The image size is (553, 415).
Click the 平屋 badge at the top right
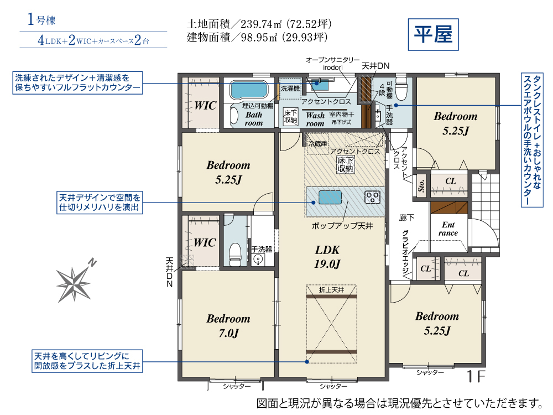[433, 34]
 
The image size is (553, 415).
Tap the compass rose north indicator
[75, 282]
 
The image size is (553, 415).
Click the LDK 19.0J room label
[327, 257]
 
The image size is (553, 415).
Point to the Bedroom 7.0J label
[228, 325]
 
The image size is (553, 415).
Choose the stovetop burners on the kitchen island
[372, 198]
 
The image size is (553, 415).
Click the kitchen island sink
[330, 198]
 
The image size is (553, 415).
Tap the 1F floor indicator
[476, 376]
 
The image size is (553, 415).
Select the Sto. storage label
[421, 185]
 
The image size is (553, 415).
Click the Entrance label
[448, 229]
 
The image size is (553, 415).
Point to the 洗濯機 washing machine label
[290, 89]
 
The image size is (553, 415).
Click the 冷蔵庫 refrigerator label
[318, 144]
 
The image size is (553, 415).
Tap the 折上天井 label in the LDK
[331, 290]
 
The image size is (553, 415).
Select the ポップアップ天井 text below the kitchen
[342, 226]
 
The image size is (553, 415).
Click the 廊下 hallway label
[406, 217]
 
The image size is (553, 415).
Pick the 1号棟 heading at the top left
[41, 19]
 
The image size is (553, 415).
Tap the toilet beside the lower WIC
[235, 253]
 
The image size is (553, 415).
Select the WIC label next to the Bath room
[205, 106]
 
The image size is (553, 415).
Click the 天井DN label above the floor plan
[375, 66]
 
